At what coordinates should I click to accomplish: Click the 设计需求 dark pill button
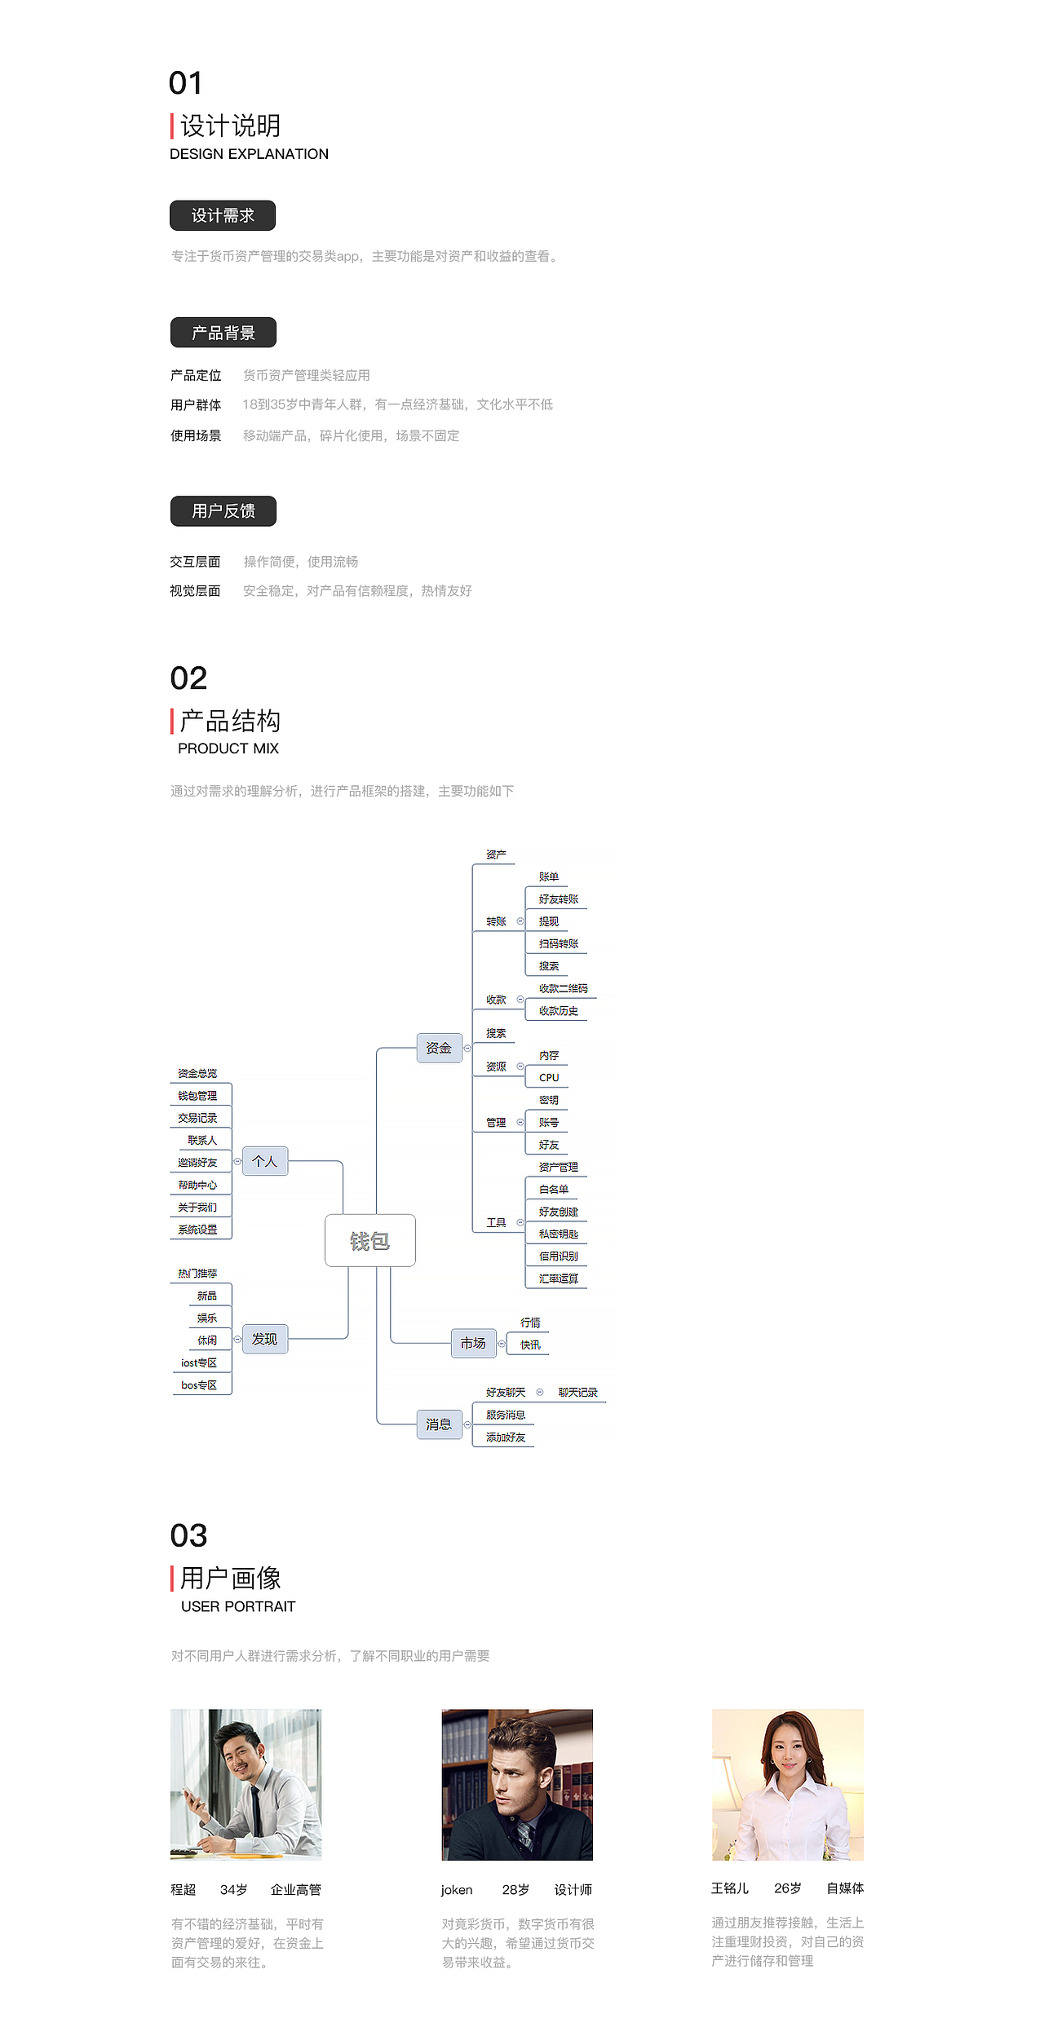pos(222,215)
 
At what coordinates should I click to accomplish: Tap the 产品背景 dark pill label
pos(223,333)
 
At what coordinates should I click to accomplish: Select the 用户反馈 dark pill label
pos(223,511)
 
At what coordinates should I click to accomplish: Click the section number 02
pos(188,678)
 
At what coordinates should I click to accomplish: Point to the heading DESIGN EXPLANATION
pos(249,154)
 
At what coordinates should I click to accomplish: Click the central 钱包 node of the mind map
pos(369,1241)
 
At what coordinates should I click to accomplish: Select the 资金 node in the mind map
pos(439,1048)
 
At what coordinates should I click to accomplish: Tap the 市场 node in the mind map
pos(473,1343)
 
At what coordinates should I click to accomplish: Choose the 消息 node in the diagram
pos(439,1424)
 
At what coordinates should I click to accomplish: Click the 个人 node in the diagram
pos(264,1161)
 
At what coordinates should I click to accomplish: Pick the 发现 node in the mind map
pos(264,1339)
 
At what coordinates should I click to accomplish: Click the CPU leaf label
pos(549,1078)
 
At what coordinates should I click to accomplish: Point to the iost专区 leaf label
pos(199,1362)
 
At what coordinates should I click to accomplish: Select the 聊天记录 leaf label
pos(577,1393)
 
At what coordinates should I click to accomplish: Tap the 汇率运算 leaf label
pos(558,1278)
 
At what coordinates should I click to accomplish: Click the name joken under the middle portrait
pos(457,1890)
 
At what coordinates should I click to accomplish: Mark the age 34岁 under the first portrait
pos(234,1890)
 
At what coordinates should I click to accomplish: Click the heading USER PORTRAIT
pos(238,1606)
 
